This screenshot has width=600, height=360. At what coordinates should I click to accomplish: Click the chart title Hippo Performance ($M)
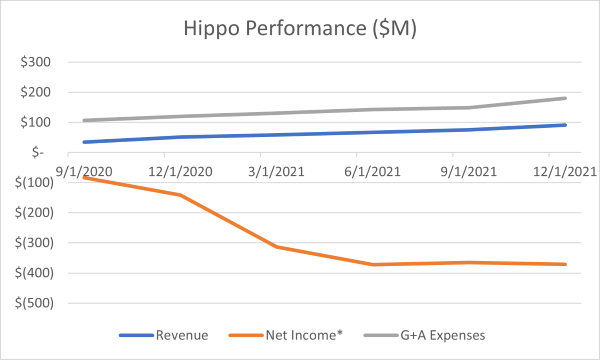(x=300, y=29)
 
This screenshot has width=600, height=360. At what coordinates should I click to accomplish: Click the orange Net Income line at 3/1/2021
(x=277, y=246)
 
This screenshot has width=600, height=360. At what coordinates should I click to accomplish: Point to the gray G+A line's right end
(x=566, y=98)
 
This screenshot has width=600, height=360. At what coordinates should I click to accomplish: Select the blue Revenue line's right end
(x=566, y=125)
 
